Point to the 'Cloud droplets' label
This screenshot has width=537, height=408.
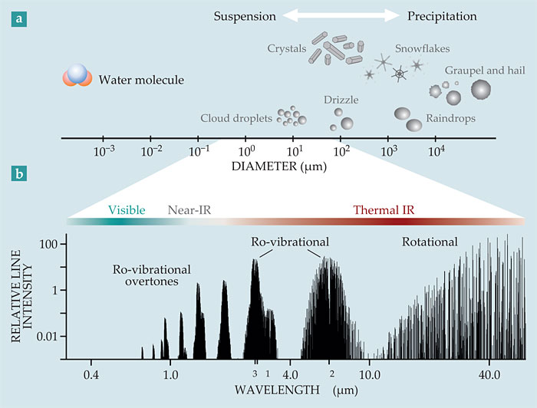236,119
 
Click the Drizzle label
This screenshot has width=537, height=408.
341,100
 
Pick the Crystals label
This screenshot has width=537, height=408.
286,50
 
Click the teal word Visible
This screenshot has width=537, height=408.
127,209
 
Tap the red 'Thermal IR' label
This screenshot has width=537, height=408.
384,209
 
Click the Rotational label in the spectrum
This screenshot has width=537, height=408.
430,243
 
